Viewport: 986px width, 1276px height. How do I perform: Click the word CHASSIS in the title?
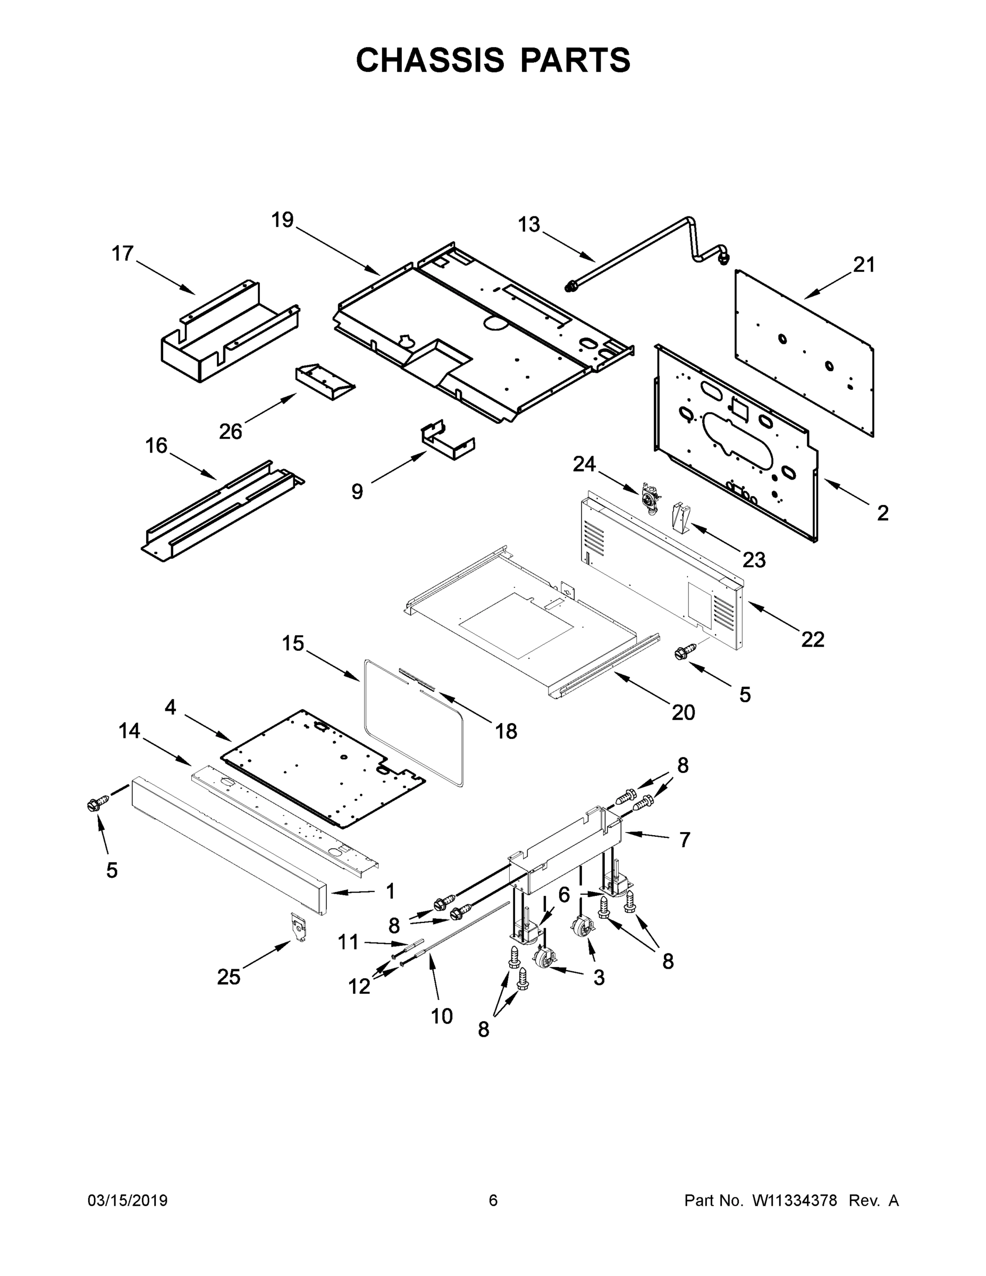point(430,60)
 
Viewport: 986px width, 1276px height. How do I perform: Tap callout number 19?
point(283,221)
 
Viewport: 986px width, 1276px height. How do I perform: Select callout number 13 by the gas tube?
point(529,225)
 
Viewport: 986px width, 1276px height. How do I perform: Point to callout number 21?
point(864,265)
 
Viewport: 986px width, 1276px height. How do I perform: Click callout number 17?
point(123,254)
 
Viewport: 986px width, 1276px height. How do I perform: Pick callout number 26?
point(230,432)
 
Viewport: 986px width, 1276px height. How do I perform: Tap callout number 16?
point(156,446)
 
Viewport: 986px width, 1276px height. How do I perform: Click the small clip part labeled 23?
point(681,516)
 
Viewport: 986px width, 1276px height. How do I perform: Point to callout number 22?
point(813,639)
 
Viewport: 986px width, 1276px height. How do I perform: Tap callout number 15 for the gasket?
point(293,643)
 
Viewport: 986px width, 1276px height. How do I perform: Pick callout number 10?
point(442,1016)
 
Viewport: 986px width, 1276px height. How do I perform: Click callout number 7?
point(685,840)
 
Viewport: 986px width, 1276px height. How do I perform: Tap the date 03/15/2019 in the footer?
point(128,1201)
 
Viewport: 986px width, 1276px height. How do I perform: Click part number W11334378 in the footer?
point(795,1201)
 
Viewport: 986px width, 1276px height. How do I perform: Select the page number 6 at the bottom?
point(493,1201)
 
